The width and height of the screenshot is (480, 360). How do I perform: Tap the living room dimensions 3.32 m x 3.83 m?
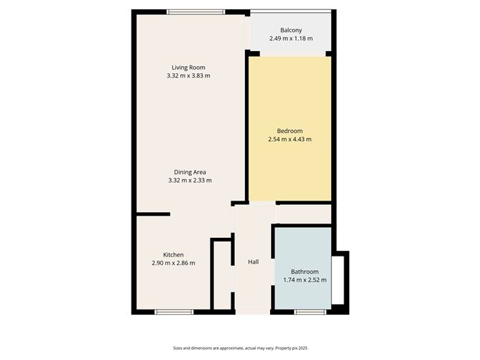(189, 75)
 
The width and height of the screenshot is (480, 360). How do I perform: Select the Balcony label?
(290, 30)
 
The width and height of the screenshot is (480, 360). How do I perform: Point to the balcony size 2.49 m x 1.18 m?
(290, 38)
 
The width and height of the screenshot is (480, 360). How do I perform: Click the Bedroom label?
(290, 130)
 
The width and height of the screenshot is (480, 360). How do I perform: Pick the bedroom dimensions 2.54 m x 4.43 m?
(290, 139)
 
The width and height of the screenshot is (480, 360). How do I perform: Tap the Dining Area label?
(190, 172)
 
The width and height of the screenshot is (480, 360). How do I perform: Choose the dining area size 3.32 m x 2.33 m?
(190, 180)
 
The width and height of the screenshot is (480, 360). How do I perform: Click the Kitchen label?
(173, 254)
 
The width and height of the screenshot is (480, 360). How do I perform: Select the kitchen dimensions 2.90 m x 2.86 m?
(173, 263)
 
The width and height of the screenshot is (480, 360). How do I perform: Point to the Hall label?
(253, 262)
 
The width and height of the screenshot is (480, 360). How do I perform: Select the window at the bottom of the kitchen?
(174, 312)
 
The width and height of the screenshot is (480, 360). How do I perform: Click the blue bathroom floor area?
(300, 248)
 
